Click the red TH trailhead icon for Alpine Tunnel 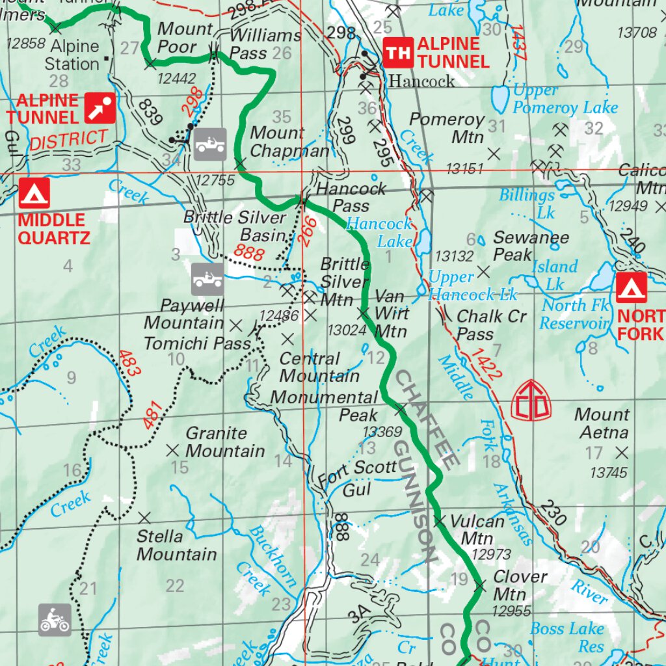tap(398, 53)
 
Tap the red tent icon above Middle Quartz tap(34, 194)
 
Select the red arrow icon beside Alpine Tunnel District tap(100, 108)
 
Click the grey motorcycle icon tap(55, 619)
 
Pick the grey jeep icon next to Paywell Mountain tap(207, 279)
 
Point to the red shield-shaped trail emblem tap(531, 401)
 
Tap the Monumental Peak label tap(324, 405)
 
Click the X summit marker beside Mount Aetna tap(622, 451)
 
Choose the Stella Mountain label tap(176, 545)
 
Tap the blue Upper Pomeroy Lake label tap(565, 99)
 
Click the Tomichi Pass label tap(197, 343)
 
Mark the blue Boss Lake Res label tap(566, 637)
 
